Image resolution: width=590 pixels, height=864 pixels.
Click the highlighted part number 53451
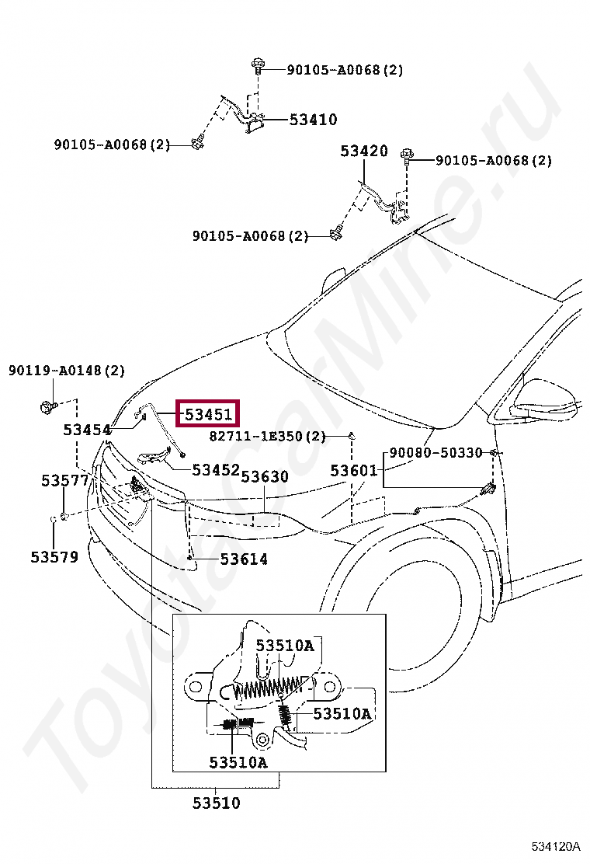pos(208,415)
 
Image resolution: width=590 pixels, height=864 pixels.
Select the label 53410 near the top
pos(313,120)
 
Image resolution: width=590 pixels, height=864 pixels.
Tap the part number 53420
pos(363,151)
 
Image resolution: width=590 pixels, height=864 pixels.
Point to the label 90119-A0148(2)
pos(67,371)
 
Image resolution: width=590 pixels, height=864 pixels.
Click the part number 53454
pos(87,430)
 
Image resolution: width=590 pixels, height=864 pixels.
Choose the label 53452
pos(216,469)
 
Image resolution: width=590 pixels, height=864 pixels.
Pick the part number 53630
pos(265,476)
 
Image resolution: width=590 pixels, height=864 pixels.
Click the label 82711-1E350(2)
pos(267,437)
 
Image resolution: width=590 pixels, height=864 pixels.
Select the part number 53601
pos(353,470)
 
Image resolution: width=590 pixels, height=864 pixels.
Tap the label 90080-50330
pos(436,452)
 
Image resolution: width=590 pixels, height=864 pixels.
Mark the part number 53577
pos(64,481)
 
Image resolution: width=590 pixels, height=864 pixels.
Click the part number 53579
pos(54,556)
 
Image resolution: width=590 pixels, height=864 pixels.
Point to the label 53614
pos(243,559)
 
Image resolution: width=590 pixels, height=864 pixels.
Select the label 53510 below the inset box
pos(217,803)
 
